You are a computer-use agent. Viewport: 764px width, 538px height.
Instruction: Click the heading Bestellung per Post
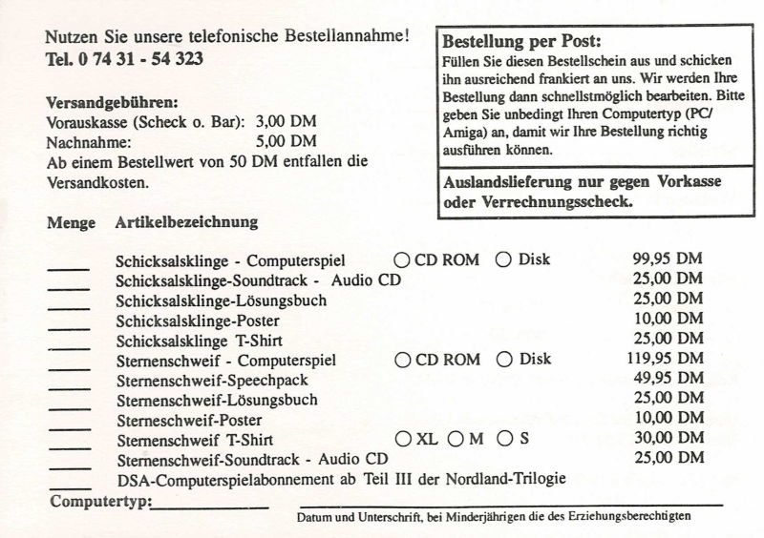(x=521, y=42)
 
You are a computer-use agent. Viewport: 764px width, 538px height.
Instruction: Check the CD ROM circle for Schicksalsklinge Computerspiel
(x=401, y=259)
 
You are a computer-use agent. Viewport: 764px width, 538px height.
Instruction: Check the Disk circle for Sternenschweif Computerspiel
(x=504, y=360)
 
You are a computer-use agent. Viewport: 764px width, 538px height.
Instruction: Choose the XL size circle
(x=401, y=440)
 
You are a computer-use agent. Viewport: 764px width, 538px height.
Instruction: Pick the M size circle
(x=456, y=440)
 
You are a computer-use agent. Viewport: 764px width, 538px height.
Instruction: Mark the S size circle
(x=505, y=440)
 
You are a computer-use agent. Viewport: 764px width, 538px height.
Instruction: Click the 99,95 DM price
(x=668, y=259)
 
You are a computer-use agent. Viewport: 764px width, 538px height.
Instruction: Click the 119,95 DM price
(x=665, y=360)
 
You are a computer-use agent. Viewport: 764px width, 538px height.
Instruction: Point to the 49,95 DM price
(x=668, y=380)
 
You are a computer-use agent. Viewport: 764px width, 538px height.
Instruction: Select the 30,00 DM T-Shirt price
(x=668, y=440)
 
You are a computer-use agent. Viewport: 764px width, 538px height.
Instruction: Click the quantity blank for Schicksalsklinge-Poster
(x=68, y=326)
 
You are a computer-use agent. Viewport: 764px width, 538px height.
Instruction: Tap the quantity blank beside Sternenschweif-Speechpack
(x=68, y=386)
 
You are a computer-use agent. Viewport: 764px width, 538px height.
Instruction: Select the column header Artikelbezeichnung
(x=186, y=223)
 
